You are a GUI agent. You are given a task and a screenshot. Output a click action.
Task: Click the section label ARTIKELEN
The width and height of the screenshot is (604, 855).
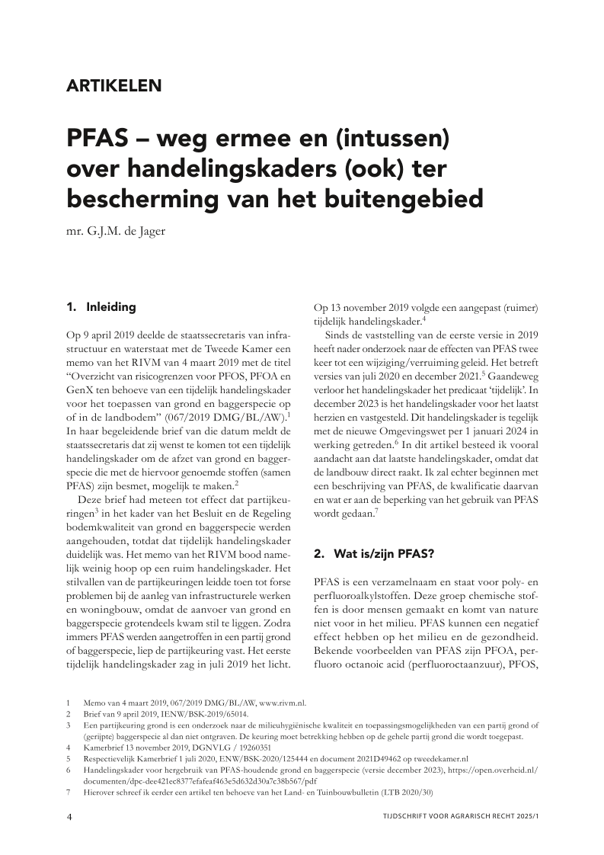click(x=114, y=85)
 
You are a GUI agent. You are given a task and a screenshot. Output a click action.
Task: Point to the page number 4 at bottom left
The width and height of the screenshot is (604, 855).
click(x=69, y=818)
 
